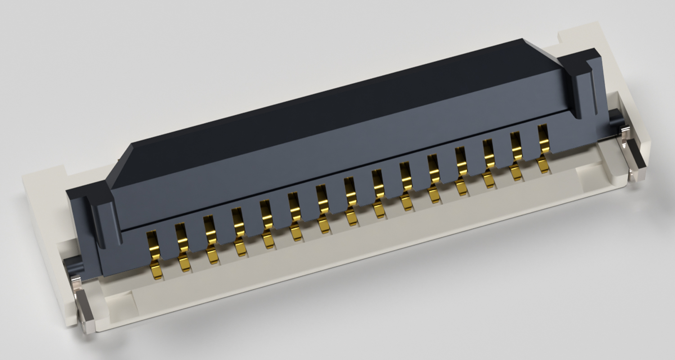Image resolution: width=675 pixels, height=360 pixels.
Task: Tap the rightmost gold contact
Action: click(x=544, y=148)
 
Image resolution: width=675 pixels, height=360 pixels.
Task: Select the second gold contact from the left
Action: click(x=182, y=247)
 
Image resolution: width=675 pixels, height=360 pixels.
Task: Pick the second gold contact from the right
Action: click(x=516, y=156)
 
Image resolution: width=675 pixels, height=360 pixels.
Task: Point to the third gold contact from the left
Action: click(x=210, y=239)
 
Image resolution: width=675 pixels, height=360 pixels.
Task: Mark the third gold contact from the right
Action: click(x=489, y=163)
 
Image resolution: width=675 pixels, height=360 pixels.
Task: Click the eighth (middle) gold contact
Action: click(x=351, y=201)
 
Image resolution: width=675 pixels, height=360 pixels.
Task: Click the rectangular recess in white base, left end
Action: click(x=119, y=301)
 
